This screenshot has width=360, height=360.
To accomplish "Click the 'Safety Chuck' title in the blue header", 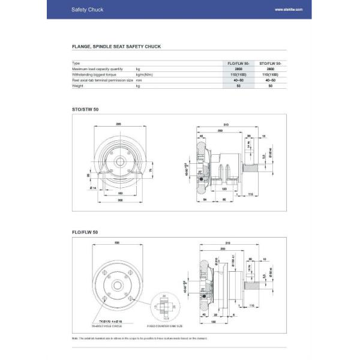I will [x=83, y=10].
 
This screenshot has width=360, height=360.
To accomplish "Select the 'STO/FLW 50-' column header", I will [x=271, y=62].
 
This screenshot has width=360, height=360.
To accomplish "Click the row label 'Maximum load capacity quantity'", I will [x=97, y=68].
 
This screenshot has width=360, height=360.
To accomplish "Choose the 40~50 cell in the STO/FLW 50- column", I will [x=271, y=80].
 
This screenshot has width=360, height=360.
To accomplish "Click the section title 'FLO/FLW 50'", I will [x=85, y=231].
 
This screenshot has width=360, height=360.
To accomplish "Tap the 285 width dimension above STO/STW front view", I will [x=118, y=124].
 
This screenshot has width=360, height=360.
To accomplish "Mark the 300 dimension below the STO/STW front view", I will [x=120, y=201].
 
